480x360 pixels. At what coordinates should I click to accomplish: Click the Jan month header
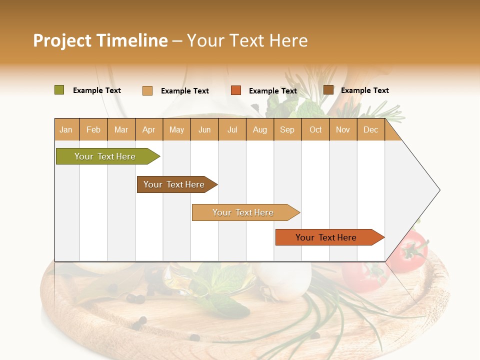click(66, 129)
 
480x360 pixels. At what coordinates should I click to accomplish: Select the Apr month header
click(149, 129)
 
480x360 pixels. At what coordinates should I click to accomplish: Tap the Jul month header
click(232, 129)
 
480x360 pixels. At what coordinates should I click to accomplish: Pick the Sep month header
click(287, 129)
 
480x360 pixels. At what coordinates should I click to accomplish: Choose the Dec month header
click(370, 129)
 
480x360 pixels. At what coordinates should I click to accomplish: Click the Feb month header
click(93, 129)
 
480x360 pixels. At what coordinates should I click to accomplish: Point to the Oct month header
click(315, 129)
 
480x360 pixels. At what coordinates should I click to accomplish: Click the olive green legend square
click(59, 90)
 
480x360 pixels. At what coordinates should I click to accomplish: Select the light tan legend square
click(147, 90)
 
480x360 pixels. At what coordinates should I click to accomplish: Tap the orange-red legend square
click(236, 90)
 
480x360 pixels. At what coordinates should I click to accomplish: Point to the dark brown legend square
click(328, 90)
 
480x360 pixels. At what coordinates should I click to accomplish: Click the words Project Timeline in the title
click(100, 40)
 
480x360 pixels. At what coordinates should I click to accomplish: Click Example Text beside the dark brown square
click(364, 90)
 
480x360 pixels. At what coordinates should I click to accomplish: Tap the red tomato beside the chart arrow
click(408, 250)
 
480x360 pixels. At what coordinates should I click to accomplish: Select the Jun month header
click(204, 129)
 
